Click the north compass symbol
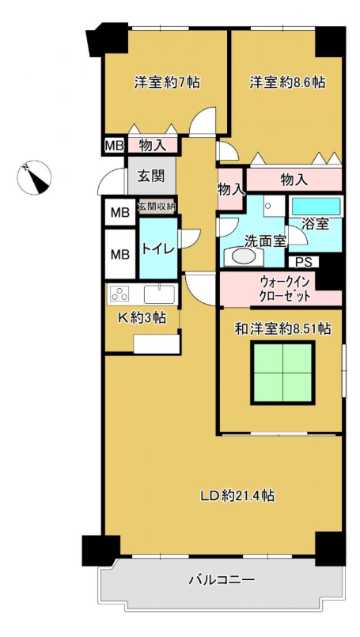(x=34, y=177)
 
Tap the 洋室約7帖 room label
(x=167, y=83)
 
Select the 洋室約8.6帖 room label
(x=287, y=83)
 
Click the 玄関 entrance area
(x=151, y=176)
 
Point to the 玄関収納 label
(x=157, y=207)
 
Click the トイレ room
(x=158, y=248)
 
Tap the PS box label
(x=304, y=263)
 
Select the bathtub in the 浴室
(x=316, y=207)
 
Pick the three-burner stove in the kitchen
(x=119, y=294)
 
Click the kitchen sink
(x=159, y=294)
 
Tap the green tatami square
(x=282, y=373)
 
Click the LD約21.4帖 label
(x=237, y=495)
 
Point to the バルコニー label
(x=222, y=579)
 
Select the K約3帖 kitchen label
(x=142, y=317)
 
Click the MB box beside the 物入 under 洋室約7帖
(x=114, y=146)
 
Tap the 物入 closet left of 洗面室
(x=230, y=189)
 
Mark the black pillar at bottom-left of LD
(x=100, y=551)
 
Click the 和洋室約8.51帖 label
(x=282, y=328)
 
